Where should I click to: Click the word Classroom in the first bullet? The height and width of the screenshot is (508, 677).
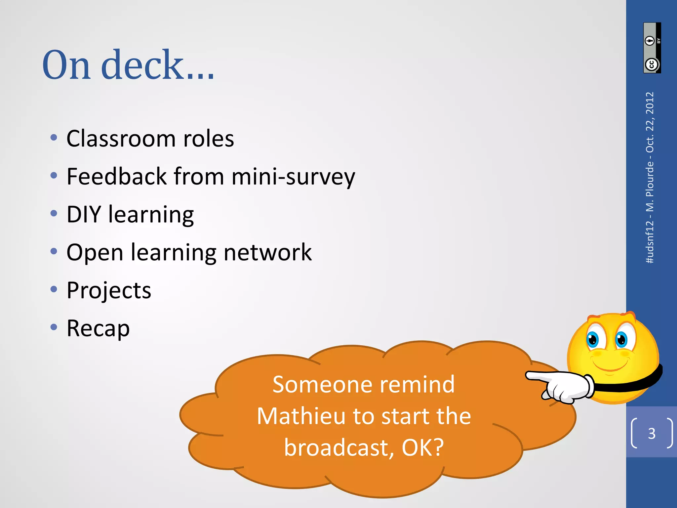click(121, 138)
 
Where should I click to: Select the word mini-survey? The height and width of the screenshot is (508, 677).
click(293, 177)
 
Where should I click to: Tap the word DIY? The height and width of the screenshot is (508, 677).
click(84, 214)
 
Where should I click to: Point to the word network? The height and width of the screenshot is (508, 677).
click(268, 252)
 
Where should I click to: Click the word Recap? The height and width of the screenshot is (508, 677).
click(98, 328)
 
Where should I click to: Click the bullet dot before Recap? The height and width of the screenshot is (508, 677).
click(54, 327)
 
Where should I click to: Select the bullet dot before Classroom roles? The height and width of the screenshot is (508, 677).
click(54, 138)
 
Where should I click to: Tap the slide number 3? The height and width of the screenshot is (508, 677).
click(652, 433)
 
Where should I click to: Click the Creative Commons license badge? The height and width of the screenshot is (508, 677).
click(652, 48)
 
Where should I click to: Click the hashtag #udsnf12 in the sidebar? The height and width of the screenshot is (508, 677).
click(650, 241)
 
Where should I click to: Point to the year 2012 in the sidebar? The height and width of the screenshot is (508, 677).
click(650, 103)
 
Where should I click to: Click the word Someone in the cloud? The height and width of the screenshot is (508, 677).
click(322, 385)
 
